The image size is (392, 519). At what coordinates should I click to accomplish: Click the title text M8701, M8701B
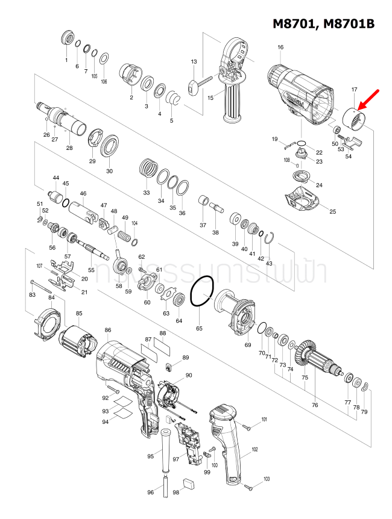(x=323, y=23)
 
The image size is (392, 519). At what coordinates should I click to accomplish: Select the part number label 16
(x=280, y=48)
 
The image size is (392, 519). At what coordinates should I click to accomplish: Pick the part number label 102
(x=254, y=450)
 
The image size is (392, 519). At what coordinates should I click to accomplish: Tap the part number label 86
(x=108, y=330)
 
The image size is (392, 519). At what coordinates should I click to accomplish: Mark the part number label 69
(x=247, y=344)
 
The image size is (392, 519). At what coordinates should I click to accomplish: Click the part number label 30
(x=109, y=171)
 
